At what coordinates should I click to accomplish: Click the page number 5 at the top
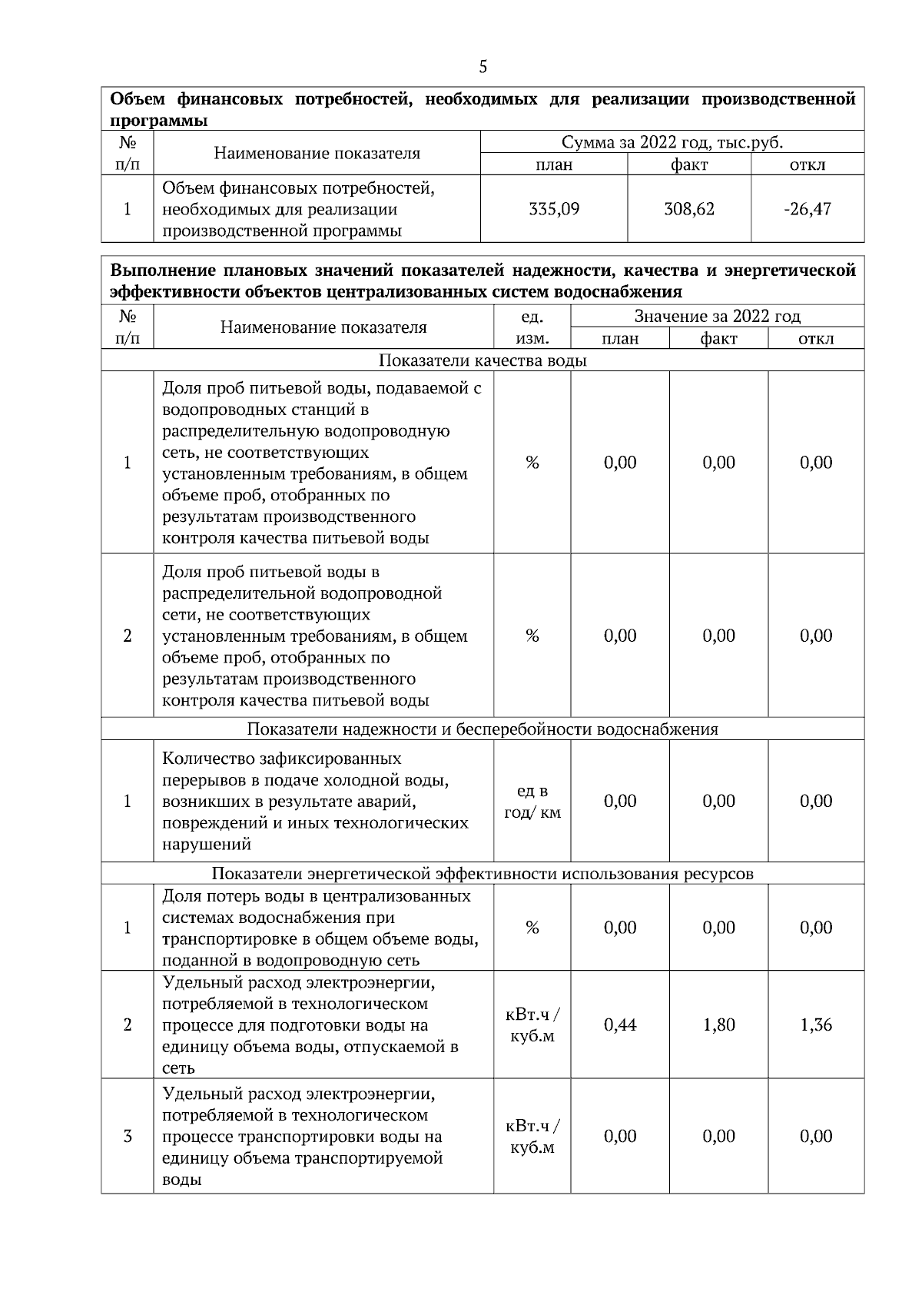(483, 67)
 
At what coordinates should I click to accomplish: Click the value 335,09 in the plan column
(554, 209)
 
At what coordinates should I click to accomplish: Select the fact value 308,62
(689, 209)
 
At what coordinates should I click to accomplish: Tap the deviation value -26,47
(808, 209)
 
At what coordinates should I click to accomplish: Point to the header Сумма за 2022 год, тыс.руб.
(672, 142)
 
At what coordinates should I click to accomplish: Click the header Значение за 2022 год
(717, 316)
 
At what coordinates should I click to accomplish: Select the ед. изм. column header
(532, 327)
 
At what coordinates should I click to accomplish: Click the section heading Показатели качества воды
(483, 360)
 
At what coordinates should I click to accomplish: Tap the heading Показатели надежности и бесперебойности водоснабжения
(483, 729)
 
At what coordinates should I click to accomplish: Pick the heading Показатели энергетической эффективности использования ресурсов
(483, 874)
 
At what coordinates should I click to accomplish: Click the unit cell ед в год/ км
(532, 802)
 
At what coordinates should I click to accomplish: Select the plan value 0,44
(620, 1025)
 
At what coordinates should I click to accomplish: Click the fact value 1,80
(718, 1025)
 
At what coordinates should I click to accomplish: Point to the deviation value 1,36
(816, 1025)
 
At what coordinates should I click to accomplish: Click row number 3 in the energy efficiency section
(128, 1137)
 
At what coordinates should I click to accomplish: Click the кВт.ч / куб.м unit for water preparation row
(532, 1025)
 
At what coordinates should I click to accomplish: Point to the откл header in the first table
(808, 164)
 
